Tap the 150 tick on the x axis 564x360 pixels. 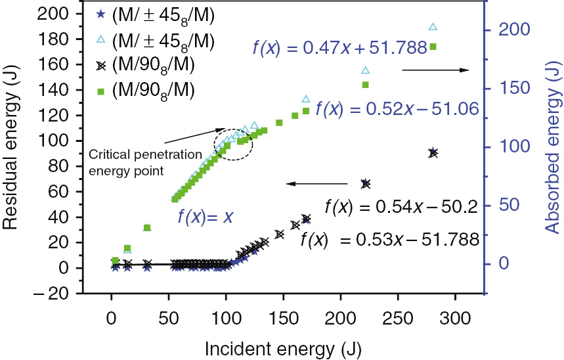[x=284, y=318]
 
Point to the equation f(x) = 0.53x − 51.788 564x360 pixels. [x=390, y=240]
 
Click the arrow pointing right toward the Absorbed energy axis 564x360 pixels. [x=434, y=70]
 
